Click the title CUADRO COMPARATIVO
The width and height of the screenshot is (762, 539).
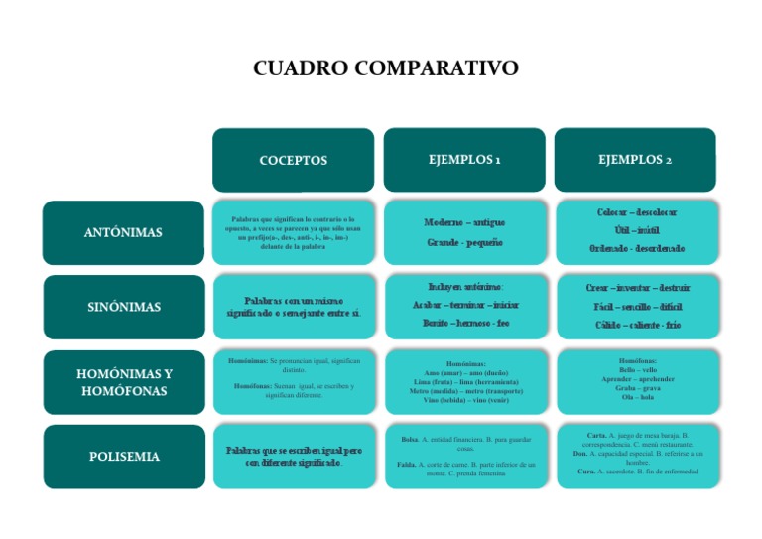coord(386,68)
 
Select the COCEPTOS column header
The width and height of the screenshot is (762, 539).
coord(293,160)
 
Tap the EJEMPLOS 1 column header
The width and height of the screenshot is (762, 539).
coord(463,159)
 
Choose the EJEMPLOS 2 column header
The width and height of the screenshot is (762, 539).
coord(635,159)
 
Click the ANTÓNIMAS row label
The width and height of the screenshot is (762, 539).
coord(124,232)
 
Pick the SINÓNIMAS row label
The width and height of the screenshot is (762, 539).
coord(124,307)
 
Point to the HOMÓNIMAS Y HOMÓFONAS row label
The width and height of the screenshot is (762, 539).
coord(124,382)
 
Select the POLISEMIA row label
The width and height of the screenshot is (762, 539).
coord(124,457)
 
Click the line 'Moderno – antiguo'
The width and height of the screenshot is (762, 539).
coord(464,222)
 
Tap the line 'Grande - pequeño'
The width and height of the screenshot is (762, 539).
coord(464,242)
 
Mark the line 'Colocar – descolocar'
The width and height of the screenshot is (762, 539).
coord(636,213)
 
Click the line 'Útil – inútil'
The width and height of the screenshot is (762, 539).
coord(636,230)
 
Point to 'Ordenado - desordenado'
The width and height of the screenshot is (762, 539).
coord(636,248)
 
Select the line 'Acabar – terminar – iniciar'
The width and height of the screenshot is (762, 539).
coord(464,305)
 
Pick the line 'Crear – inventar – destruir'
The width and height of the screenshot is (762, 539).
coord(636,288)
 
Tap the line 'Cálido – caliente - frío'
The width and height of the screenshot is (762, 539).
coord(636,325)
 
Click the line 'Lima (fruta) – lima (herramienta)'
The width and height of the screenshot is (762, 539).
coord(464,382)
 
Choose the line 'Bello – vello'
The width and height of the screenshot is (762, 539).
coord(636,370)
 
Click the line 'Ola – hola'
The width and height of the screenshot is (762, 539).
coord(636,397)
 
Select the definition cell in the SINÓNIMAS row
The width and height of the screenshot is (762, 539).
coord(293,307)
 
